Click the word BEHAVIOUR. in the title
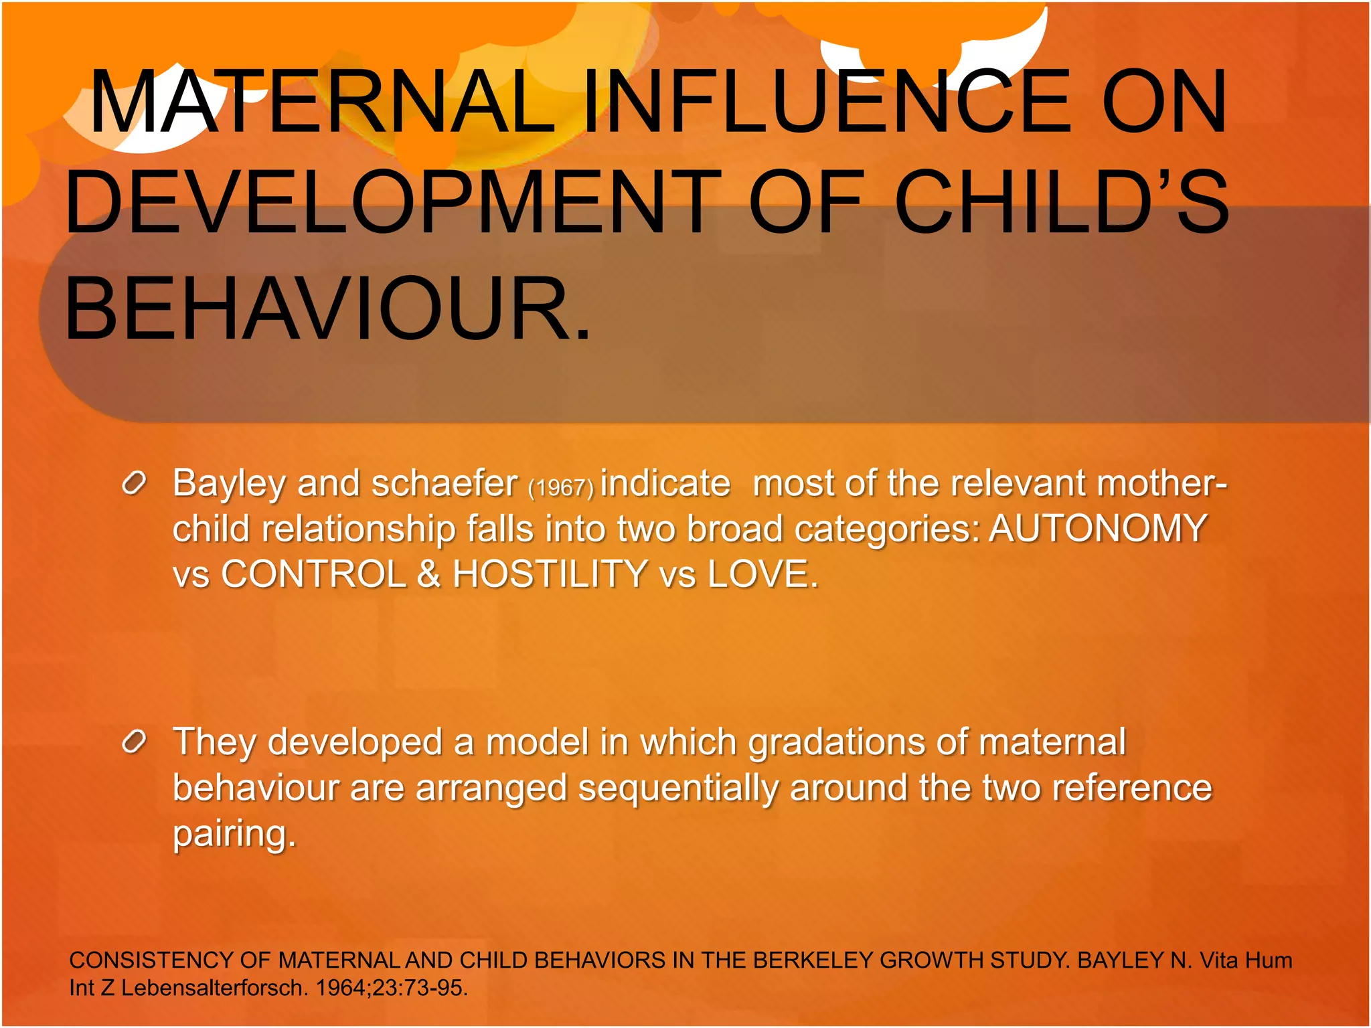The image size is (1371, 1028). click(x=328, y=309)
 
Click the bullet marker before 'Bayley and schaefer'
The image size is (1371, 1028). click(x=134, y=483)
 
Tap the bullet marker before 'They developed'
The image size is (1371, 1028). click(x=134, y=742)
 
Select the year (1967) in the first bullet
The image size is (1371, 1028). click(x=561, y=487)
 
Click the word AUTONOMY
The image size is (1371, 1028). click(x=1098, y=528)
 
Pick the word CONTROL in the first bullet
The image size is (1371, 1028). click(x=313, y=574)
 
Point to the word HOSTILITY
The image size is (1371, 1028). click(x=550, y=574)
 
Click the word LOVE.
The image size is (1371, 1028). click(x=762, y=574)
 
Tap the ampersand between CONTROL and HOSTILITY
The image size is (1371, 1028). click(x=428, y=574)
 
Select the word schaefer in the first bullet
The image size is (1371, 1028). click(x=445, y=483)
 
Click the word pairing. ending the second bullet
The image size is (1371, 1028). click(x=234, y=835)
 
